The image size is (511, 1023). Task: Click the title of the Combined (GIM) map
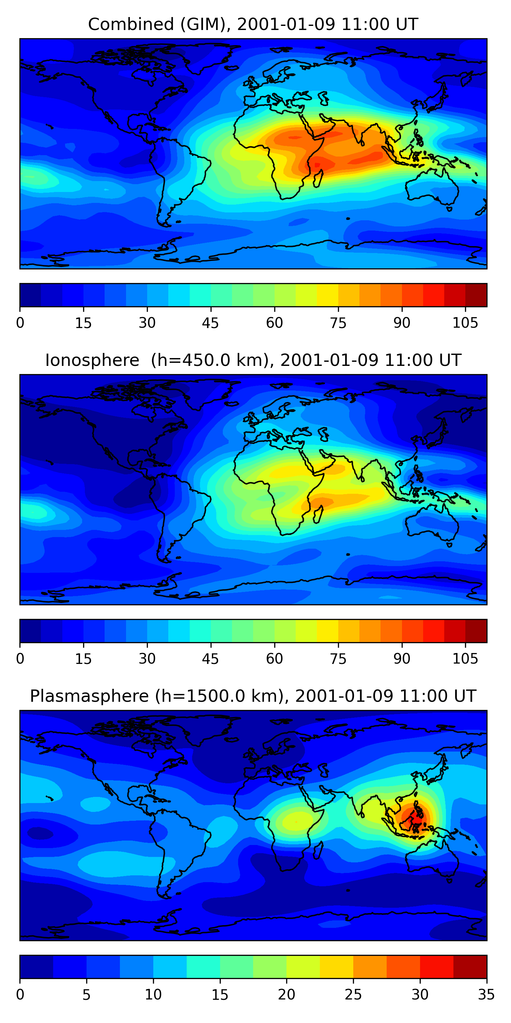(253, 24)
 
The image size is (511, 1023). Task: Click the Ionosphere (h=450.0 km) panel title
(253, 360)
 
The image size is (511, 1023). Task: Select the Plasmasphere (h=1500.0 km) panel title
(253, 696)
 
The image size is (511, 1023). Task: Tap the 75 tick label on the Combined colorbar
(338, 323)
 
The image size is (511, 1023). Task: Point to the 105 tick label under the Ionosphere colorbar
(465, 659)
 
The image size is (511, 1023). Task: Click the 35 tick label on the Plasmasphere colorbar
(486, 995)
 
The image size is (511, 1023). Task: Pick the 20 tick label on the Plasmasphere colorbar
(287, 995)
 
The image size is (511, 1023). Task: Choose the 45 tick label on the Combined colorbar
(210, 323)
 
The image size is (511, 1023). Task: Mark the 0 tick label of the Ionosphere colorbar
(20, 659)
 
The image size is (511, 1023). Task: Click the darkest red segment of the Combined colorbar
(476, 295)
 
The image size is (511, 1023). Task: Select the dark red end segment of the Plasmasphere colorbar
(470, 967)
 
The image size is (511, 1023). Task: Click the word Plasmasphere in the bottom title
(89, 696)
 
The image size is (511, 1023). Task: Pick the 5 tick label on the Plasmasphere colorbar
(87, 995)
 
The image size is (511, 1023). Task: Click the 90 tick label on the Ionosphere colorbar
(402, 659)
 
